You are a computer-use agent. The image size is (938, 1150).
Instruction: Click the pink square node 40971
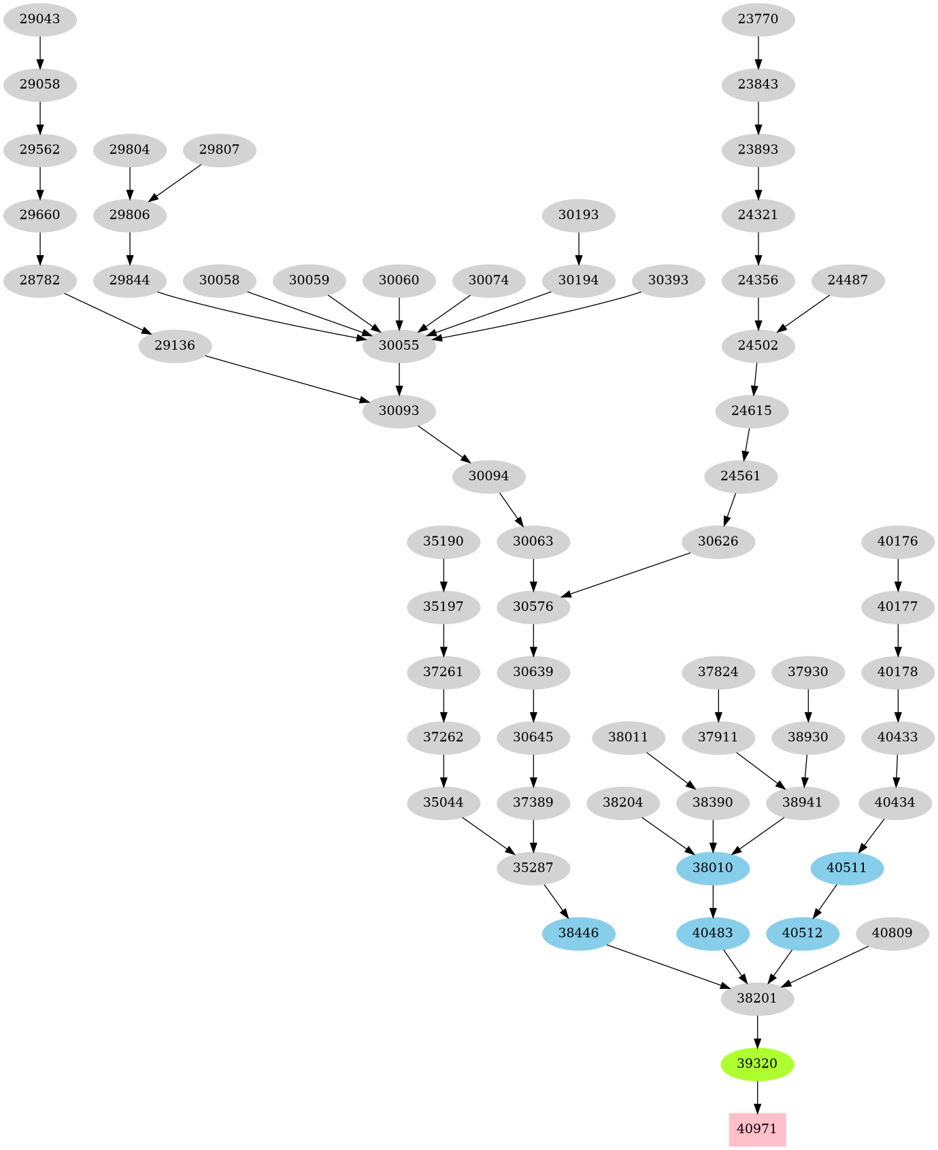point(757,1129)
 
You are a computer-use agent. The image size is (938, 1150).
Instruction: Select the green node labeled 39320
point(757,1064)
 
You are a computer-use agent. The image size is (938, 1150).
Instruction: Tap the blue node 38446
point(578,933)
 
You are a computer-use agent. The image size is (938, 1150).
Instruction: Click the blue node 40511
point(847,868)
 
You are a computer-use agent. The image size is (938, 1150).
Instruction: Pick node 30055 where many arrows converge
point(399,345)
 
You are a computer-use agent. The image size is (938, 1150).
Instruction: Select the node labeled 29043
point(39,19)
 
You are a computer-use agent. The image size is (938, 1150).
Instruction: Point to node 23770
point(758,19)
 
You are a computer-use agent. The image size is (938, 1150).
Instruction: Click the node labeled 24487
point(848,280)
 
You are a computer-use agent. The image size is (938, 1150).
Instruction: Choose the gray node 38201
point(757,998)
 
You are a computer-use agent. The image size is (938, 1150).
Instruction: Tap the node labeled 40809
point(892,933)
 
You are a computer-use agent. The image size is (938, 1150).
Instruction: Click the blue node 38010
point(713,868)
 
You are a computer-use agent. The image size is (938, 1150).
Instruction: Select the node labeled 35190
point(443,541)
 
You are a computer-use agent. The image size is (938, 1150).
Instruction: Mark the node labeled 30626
point(718,541)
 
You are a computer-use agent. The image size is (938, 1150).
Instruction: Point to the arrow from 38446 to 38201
point(667,966)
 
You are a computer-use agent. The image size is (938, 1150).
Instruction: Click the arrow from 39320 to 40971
point(757,1096)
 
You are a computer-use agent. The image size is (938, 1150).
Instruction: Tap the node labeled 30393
point(668,280)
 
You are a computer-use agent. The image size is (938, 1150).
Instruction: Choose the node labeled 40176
point(898,541)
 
